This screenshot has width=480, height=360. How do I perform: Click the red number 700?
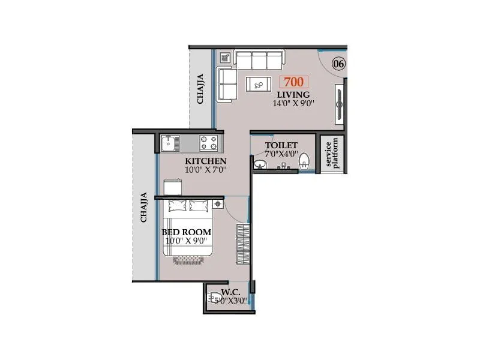293,83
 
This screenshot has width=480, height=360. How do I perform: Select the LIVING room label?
293,95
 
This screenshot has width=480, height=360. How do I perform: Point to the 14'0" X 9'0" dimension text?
293,103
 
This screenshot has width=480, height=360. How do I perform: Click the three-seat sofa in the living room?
259,59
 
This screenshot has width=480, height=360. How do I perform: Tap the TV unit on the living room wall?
340,100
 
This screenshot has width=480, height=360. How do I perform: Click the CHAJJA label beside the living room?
201,88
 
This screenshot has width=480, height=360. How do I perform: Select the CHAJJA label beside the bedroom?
143,208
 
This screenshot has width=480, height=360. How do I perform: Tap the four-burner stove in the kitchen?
209,143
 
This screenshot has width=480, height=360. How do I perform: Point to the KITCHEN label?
205,161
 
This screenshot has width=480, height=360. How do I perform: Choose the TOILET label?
281,145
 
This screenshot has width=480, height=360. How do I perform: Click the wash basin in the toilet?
260,164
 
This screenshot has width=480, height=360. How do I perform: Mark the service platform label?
332,153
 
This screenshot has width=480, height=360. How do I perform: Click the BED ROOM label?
186,232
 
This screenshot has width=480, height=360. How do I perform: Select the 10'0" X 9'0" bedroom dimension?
186,241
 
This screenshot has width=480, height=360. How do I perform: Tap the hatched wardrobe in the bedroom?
242,241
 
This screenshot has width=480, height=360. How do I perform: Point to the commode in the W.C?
214,296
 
